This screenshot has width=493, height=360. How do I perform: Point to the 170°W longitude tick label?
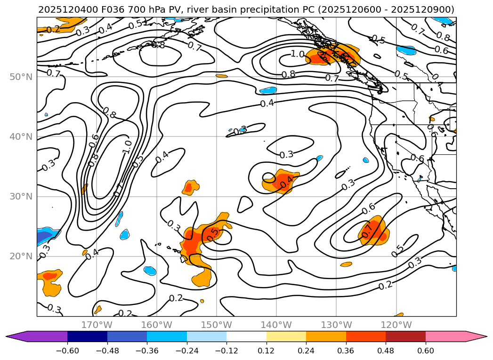point(97,325)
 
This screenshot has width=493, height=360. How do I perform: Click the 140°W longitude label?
point(276,325)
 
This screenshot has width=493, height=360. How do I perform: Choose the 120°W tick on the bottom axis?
point(396,325)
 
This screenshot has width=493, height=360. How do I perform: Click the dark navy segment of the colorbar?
point(87,336)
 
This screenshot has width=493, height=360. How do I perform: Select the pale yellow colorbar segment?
point(286,336)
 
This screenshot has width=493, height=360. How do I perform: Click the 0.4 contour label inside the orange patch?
point(287,180)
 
